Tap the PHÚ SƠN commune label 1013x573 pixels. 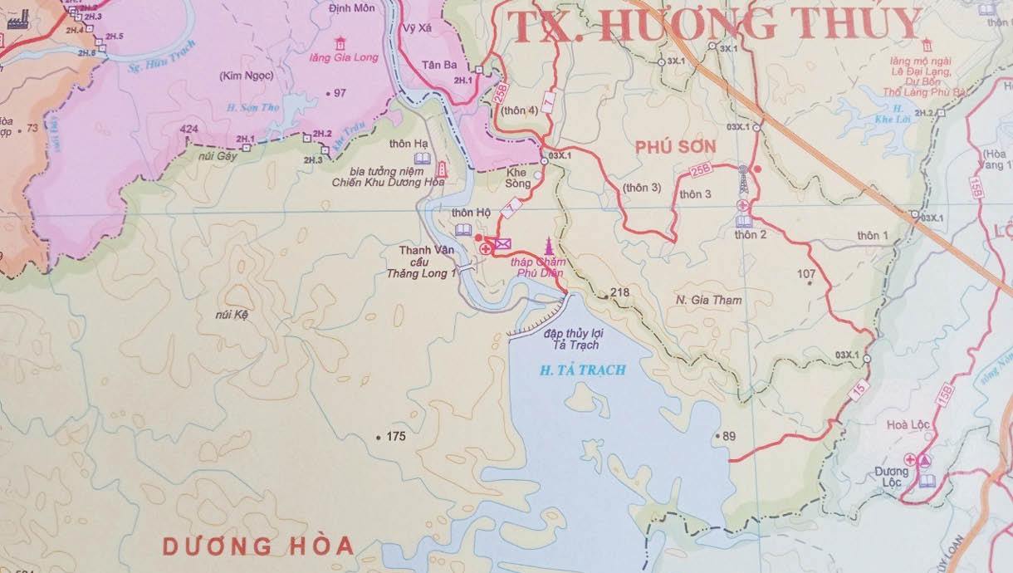tap(674, 146)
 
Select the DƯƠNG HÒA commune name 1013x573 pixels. tap(257, 546)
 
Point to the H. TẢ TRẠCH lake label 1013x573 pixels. tap(581, 370)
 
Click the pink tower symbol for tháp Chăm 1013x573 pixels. tap(548, 245)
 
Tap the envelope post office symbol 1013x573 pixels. tap(502, 244)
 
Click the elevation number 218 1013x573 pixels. tap(619, 292)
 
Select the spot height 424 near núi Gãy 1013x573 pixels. tap(188, 130)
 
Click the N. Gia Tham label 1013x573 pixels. tap(708, 300)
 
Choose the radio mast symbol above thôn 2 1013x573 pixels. tap(743, 179)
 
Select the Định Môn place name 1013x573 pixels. tap(351, 7)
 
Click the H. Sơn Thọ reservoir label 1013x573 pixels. tap(253, 107)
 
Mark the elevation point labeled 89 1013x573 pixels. tap(729, 436)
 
